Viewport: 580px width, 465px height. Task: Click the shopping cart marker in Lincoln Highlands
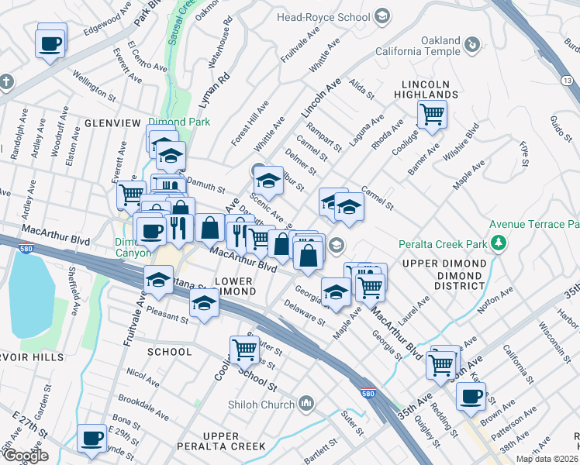(x=432, y=114)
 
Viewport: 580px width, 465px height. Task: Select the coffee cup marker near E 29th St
(x=92, y=438)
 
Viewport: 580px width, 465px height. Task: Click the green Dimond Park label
(x=179, y=122)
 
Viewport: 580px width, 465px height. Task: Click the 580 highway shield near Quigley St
(x=368, y=394)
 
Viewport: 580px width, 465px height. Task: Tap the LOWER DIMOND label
(x=234, y=284)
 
